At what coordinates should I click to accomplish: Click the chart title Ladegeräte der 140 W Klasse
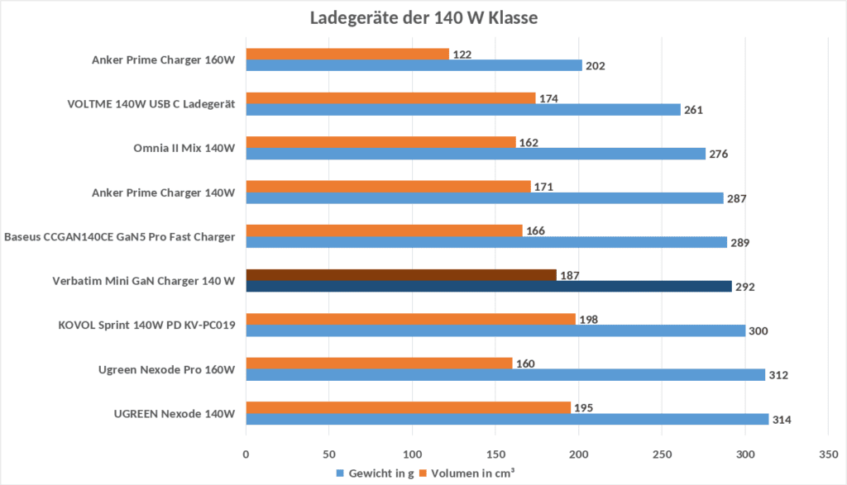point(423,18)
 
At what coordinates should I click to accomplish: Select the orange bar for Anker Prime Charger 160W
point(347,54)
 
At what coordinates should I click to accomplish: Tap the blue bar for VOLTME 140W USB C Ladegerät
point(463,110)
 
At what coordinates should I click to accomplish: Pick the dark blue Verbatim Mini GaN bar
point(489,287)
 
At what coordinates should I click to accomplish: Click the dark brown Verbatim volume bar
point(401,275)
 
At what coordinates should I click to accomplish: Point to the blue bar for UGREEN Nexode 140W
point(507,419)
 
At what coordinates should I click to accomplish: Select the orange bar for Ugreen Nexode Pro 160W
point(379,363)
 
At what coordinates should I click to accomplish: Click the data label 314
point(782,420)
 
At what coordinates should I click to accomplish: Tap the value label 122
point(461,54)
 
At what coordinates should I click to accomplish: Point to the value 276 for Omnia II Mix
point(718,154)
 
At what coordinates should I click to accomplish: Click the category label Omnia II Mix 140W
point(184,148)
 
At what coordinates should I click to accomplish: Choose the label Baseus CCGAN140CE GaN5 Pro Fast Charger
point(120,237)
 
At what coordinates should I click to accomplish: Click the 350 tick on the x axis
point(828,454)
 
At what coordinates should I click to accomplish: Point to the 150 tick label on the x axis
point(495,454)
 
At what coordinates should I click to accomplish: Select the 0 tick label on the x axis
point(246,454)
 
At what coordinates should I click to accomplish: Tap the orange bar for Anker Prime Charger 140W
point(388,187)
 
